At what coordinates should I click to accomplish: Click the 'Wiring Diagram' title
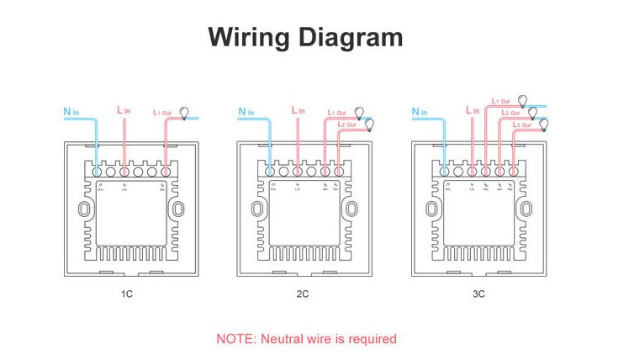pos(305,38)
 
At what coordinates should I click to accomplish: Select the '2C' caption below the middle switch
pos(304,294)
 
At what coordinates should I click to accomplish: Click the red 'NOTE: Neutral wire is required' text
pos(306,339)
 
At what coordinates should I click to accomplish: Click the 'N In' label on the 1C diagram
pos(71,110)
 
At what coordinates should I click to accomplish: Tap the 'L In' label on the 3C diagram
pos(473,110)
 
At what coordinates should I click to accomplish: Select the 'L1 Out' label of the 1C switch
pos(162,112)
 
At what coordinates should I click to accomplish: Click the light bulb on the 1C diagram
pos(186,110)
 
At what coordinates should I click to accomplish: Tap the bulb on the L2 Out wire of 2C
pos(368,124)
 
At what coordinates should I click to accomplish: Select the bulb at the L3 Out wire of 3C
pos(543,124)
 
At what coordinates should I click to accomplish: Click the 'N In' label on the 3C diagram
pos(420,110)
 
